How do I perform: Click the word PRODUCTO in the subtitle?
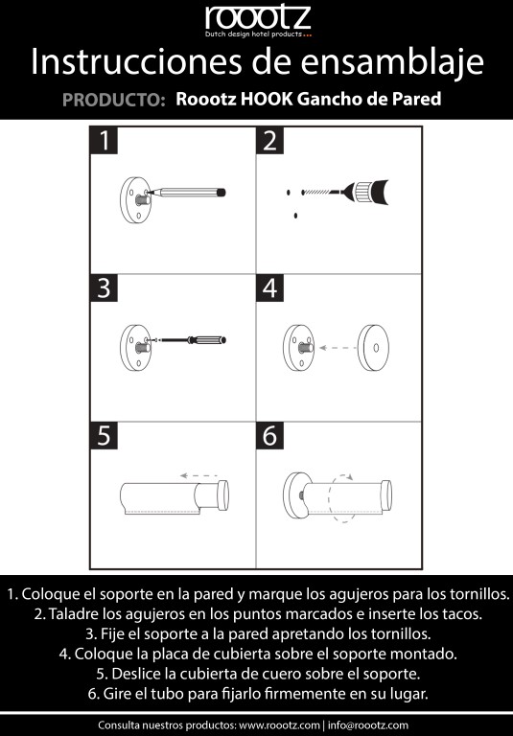(x=110, y=100)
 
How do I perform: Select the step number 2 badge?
(x=269, y=140)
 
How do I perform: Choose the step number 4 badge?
(x=269, y=287)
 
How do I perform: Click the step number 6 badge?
(x=269, y=435)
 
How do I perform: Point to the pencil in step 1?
(x=187, y=193)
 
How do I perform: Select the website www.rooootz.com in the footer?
(x=278, y=725)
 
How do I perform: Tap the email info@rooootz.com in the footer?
(x=368, y=725)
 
